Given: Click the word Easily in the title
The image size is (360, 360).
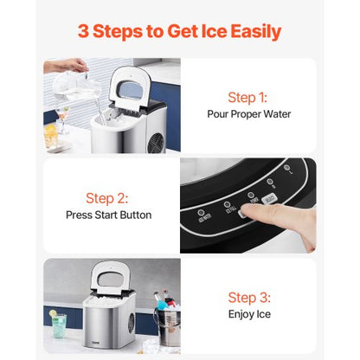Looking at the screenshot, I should [250, 32].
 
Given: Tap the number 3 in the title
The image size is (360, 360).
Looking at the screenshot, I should [83, 32].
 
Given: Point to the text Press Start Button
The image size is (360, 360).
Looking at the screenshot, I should [108, 215].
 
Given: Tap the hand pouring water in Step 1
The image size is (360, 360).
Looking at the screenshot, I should [67, 66].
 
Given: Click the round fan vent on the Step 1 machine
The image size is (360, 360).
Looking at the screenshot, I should [156, 138].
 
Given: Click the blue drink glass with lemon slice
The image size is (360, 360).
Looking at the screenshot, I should [59, 325].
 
